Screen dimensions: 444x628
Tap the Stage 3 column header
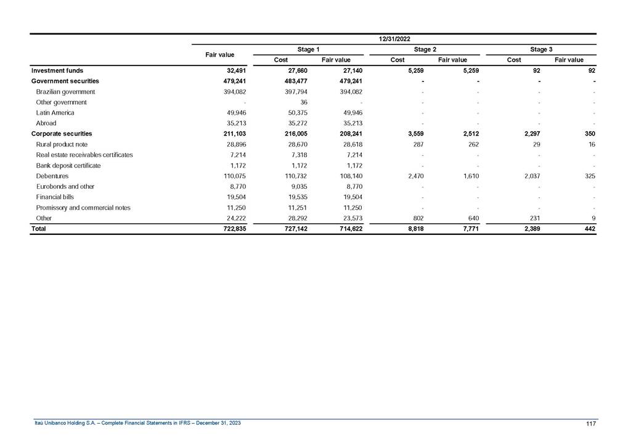tap(541, 49)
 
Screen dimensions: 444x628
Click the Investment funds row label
tap(57, 70)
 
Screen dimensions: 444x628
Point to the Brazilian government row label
tap(65, 91)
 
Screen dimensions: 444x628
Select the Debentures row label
tap(52, 176)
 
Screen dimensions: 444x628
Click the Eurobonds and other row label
tap(64, 186)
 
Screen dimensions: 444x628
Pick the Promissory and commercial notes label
tap(83, 207)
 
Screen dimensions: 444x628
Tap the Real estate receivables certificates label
tap(84, 154)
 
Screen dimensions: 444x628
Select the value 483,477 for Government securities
tap(295, 81)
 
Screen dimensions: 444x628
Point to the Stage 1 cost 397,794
tap(295, 91)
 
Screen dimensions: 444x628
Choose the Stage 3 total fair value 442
tap(590, 229)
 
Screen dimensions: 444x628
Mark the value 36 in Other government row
tap(304, 102)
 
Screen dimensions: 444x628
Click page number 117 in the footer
tap(590, 422)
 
